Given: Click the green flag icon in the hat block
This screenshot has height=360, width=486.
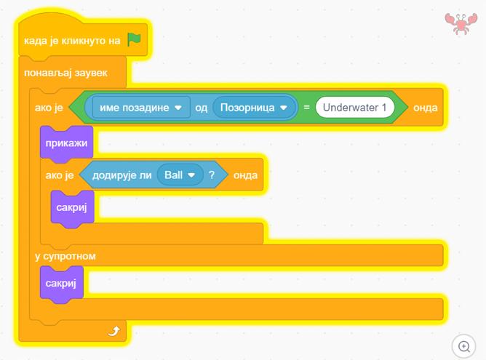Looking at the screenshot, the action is pyautogui.click(x=134, y=40).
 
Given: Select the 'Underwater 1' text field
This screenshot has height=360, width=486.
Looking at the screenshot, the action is pyautogui.click(x=355, y=108).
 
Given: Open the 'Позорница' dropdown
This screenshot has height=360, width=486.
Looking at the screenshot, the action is pyautogui.click(x=255, y=108).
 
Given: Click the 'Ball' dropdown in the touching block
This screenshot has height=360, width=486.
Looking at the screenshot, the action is pyautogui.click(x=180, y=175).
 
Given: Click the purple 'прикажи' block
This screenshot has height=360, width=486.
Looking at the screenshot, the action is pyautogui.click(x=66, y=143).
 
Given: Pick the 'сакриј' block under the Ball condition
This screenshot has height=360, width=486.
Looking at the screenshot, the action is pyautogui.click(x=72, y=208).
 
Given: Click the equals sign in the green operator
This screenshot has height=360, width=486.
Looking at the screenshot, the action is pyautogui.click(x=307, y=108).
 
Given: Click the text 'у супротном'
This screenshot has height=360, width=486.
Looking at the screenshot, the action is pyautogui.click(x=65, y=256).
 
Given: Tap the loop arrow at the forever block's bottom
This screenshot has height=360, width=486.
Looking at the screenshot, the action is pyautogui.click(x=113, y=332).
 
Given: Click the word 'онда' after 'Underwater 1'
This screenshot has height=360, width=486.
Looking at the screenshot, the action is pyautogui.click(x=425, y=108).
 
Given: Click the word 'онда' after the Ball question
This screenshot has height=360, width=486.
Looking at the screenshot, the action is pyautogui.click(x=245, y=175).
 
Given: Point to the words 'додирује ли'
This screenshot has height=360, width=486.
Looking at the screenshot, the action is pyautogui.click(x=121, y=175).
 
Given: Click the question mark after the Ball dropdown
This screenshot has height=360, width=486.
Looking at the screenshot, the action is pyautogui.click(x=212, y=175).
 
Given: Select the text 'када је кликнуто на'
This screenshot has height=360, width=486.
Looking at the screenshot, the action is pyautogui.click(x=72, y=41).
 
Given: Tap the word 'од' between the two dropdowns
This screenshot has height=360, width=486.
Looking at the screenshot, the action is pyautogui.click(x=202, y=108).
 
